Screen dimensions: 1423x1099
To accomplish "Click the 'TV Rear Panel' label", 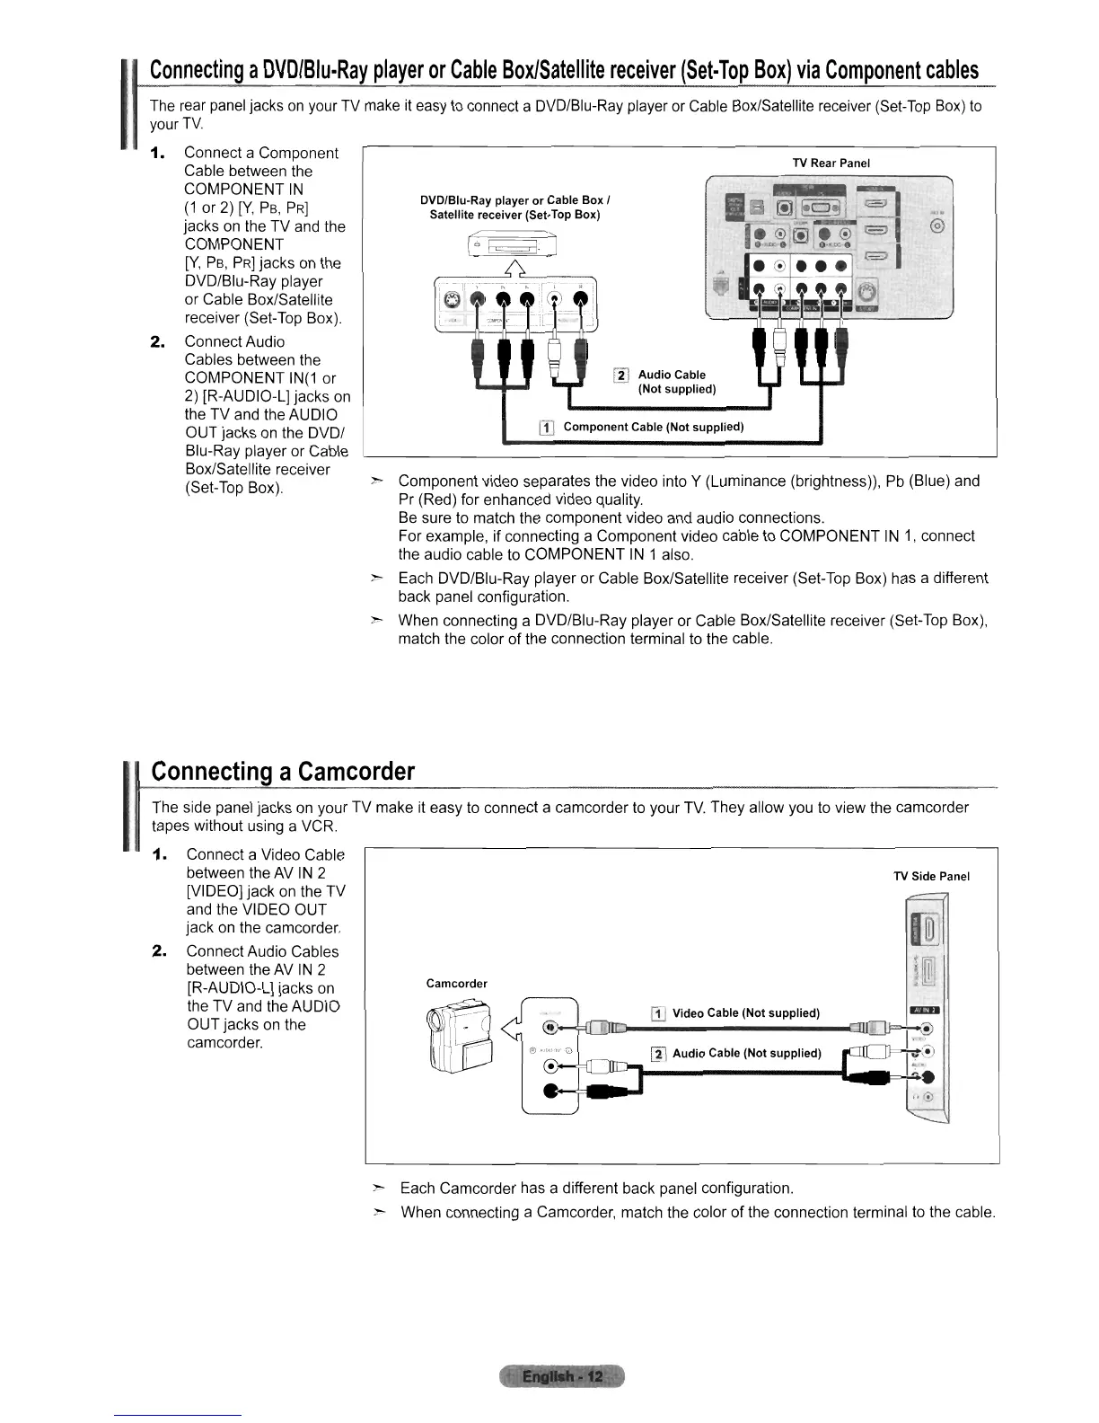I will coord(831,163).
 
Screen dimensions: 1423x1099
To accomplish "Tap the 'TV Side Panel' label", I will coord(931,877).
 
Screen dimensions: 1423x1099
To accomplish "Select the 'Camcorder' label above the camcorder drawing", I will coord(457,984).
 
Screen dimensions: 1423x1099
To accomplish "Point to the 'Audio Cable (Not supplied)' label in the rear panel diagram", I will coord(675,382).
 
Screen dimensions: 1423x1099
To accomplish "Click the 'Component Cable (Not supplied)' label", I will coord(653,427).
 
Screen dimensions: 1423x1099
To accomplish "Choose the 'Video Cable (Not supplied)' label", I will coord(745,1013).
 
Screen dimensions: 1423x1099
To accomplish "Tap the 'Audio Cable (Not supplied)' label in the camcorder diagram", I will coord(746,1054).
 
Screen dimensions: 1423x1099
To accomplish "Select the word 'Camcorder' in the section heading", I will coord(356,772).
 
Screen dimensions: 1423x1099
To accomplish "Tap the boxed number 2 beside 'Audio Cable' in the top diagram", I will coord(620,376).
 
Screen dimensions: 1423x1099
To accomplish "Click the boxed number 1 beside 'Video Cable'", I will coord(657,1014).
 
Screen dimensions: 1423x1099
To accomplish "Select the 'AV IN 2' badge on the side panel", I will coord(924,1010).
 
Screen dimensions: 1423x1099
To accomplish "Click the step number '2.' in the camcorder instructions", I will coord(163,951).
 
